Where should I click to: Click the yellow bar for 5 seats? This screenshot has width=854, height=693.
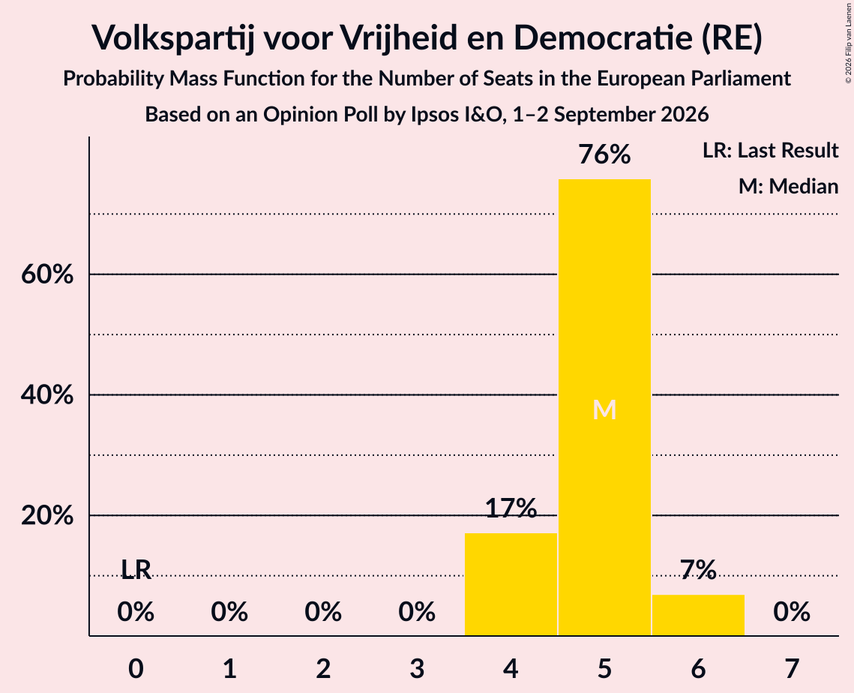coord(604,407)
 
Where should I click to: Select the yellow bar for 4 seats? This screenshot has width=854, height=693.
coord(511,584)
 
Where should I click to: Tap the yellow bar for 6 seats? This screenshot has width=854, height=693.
coord(698,615)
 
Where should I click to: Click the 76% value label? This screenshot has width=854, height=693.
coord(604,154)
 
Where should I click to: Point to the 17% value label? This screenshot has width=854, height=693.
coord(511,508)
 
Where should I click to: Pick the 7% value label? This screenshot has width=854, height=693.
coord(698,570)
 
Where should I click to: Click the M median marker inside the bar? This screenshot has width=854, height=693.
coord(604,409)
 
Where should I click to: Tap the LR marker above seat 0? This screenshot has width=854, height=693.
coord(136,569)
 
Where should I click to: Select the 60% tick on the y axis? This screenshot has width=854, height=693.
coord(47,274)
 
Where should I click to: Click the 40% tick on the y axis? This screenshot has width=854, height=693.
coord(47,394)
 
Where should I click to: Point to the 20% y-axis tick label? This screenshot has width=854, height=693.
coord(47,514)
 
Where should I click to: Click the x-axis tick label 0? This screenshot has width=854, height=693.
coord(136,668)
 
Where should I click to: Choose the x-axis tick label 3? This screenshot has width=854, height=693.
coord(417,668)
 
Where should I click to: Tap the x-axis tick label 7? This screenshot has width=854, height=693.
coord(792,668)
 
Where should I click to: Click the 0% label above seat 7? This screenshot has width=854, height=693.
coord(792,612)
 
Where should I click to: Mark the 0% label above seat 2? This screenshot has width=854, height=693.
coord(323,612)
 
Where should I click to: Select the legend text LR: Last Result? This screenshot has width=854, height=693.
coord(770,150)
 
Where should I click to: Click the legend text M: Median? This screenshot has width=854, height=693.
coord(788,186)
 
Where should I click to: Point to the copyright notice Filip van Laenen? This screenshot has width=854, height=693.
coord(849,43)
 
